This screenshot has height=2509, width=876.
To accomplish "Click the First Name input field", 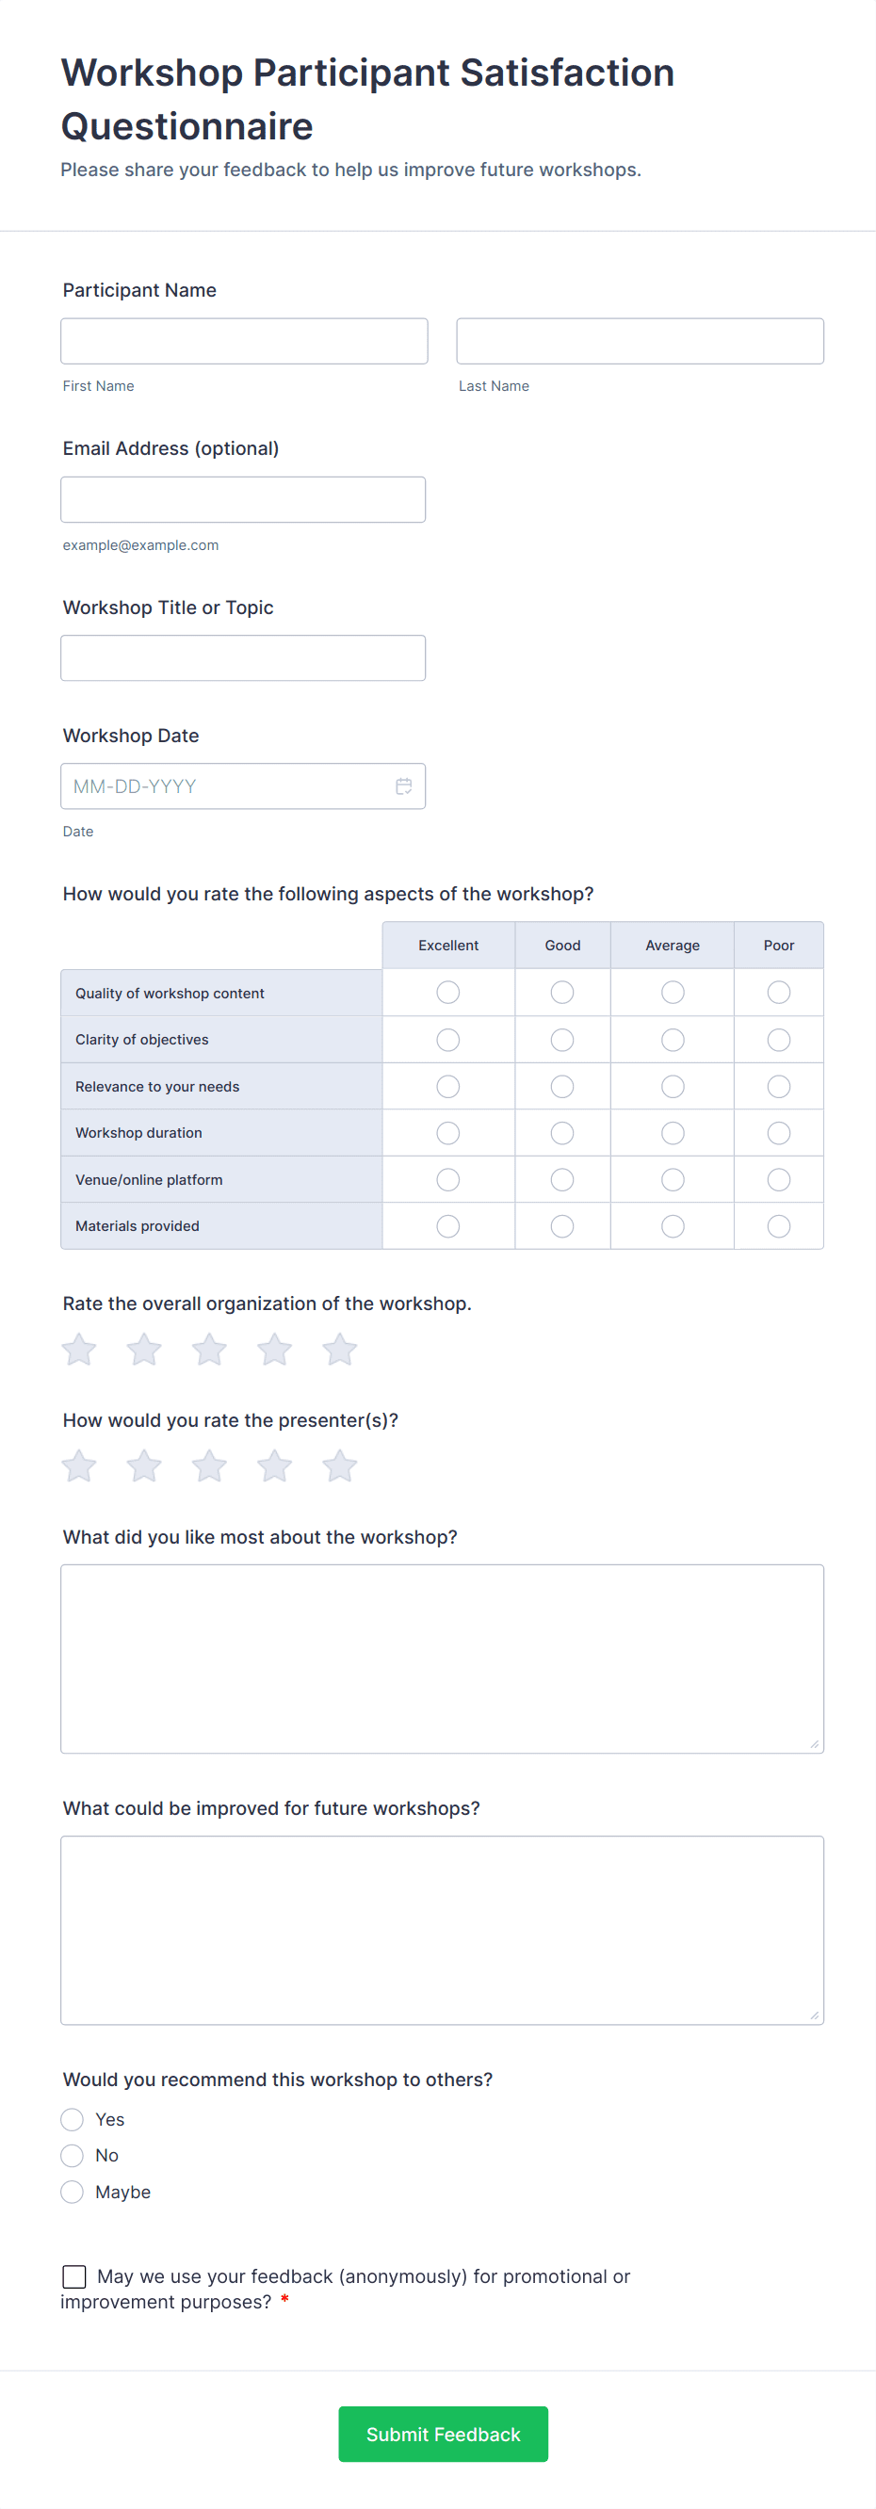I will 244,341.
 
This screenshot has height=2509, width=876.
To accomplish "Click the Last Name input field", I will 640,341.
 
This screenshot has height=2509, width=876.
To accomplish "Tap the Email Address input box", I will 243,500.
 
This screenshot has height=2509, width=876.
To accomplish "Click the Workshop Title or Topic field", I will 243,658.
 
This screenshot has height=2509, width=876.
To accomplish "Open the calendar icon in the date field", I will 403,786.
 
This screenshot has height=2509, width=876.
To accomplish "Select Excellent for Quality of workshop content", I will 448,993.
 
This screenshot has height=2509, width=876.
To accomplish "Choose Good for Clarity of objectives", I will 562,1040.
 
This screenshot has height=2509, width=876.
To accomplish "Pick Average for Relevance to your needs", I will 673,1087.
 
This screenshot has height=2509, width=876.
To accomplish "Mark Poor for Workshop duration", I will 779,1134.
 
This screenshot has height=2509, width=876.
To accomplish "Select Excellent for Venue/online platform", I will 448,1180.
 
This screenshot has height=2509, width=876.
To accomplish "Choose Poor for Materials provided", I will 779,1226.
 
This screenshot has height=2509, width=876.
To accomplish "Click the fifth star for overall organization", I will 339,1350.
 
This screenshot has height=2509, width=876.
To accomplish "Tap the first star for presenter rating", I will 79,1466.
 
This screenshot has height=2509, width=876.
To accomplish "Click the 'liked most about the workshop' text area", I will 442,1659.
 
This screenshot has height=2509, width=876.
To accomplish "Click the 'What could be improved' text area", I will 442,1931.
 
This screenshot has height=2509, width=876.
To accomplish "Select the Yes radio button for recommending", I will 73,2119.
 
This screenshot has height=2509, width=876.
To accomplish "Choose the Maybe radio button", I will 73,2192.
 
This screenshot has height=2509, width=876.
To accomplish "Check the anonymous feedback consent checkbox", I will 74,2276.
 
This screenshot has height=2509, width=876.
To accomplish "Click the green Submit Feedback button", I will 443,2434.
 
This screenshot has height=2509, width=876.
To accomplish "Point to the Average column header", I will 673,946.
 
